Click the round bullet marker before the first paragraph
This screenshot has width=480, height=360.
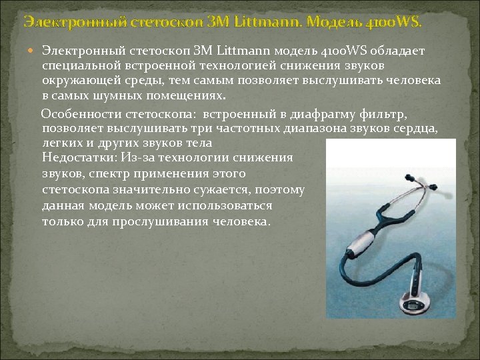34,51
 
